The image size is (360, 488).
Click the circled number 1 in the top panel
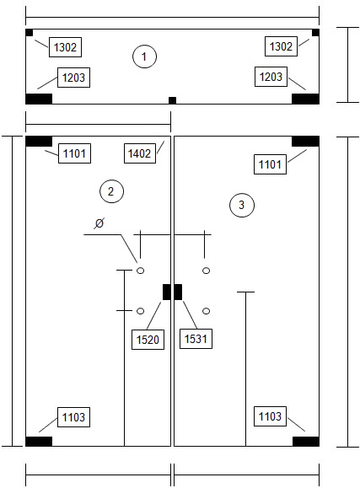point(144,56)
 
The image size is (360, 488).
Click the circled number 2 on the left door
point(111,191)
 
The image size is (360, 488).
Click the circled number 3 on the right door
point(242,205)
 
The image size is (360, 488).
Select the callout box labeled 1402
point(140,153)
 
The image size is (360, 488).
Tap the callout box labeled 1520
point(148,339)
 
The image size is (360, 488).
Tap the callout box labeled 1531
point(196,338)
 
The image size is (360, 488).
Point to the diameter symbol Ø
point(99,223)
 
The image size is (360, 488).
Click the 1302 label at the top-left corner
point(65,47)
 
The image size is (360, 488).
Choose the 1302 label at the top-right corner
point(281,46)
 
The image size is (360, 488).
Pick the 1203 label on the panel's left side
point(73,78)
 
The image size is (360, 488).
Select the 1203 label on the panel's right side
point(271,77)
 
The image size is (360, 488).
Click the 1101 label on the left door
point(74,153)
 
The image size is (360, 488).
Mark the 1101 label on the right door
point(270,164)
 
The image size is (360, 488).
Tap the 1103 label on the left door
point(73,417)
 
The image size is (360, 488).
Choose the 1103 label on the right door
point(270,416)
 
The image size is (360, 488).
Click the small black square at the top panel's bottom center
point(172,100)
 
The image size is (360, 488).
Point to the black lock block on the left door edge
point(167,292)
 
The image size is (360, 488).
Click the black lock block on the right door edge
point(178,292)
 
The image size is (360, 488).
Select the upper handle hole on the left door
point(141,271)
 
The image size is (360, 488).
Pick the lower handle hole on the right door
point(206,311)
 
